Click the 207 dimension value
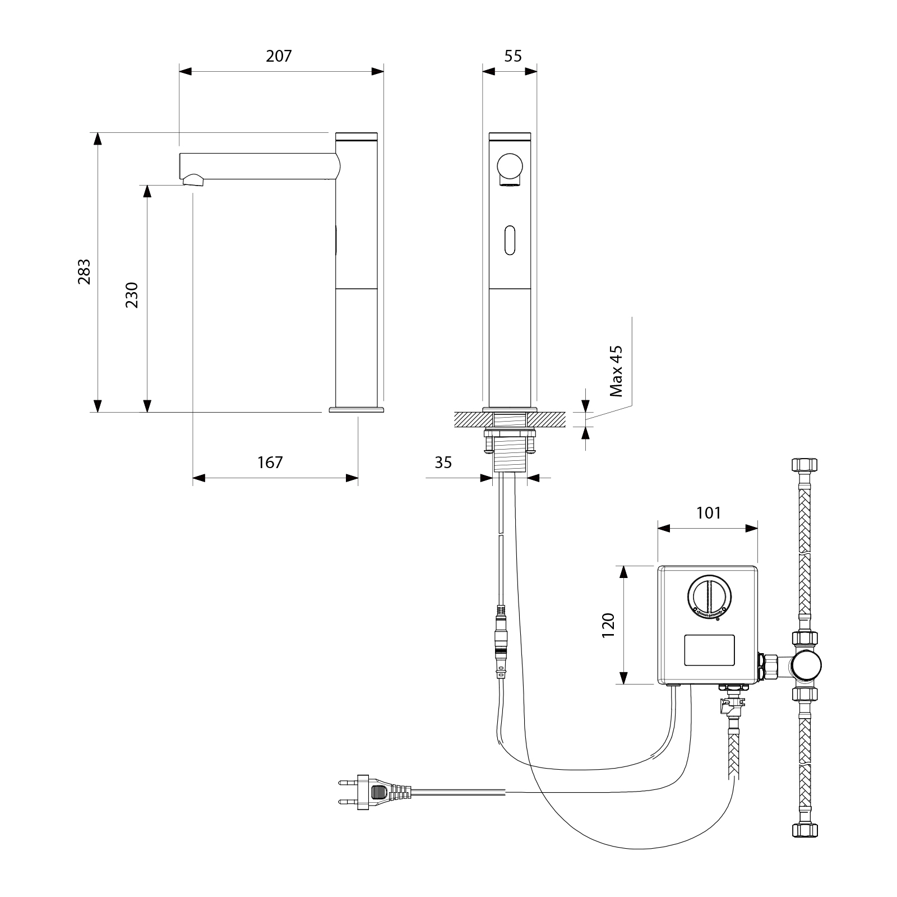coord(279,56)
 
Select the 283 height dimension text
coord(84,272)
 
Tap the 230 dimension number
coord(132,295)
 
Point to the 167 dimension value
coord(270,463)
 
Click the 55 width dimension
coord(513,56)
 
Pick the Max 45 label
coord(616,371)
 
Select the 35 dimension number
coord(443,463)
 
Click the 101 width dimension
coord(709,513)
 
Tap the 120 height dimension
coord(608,625)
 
